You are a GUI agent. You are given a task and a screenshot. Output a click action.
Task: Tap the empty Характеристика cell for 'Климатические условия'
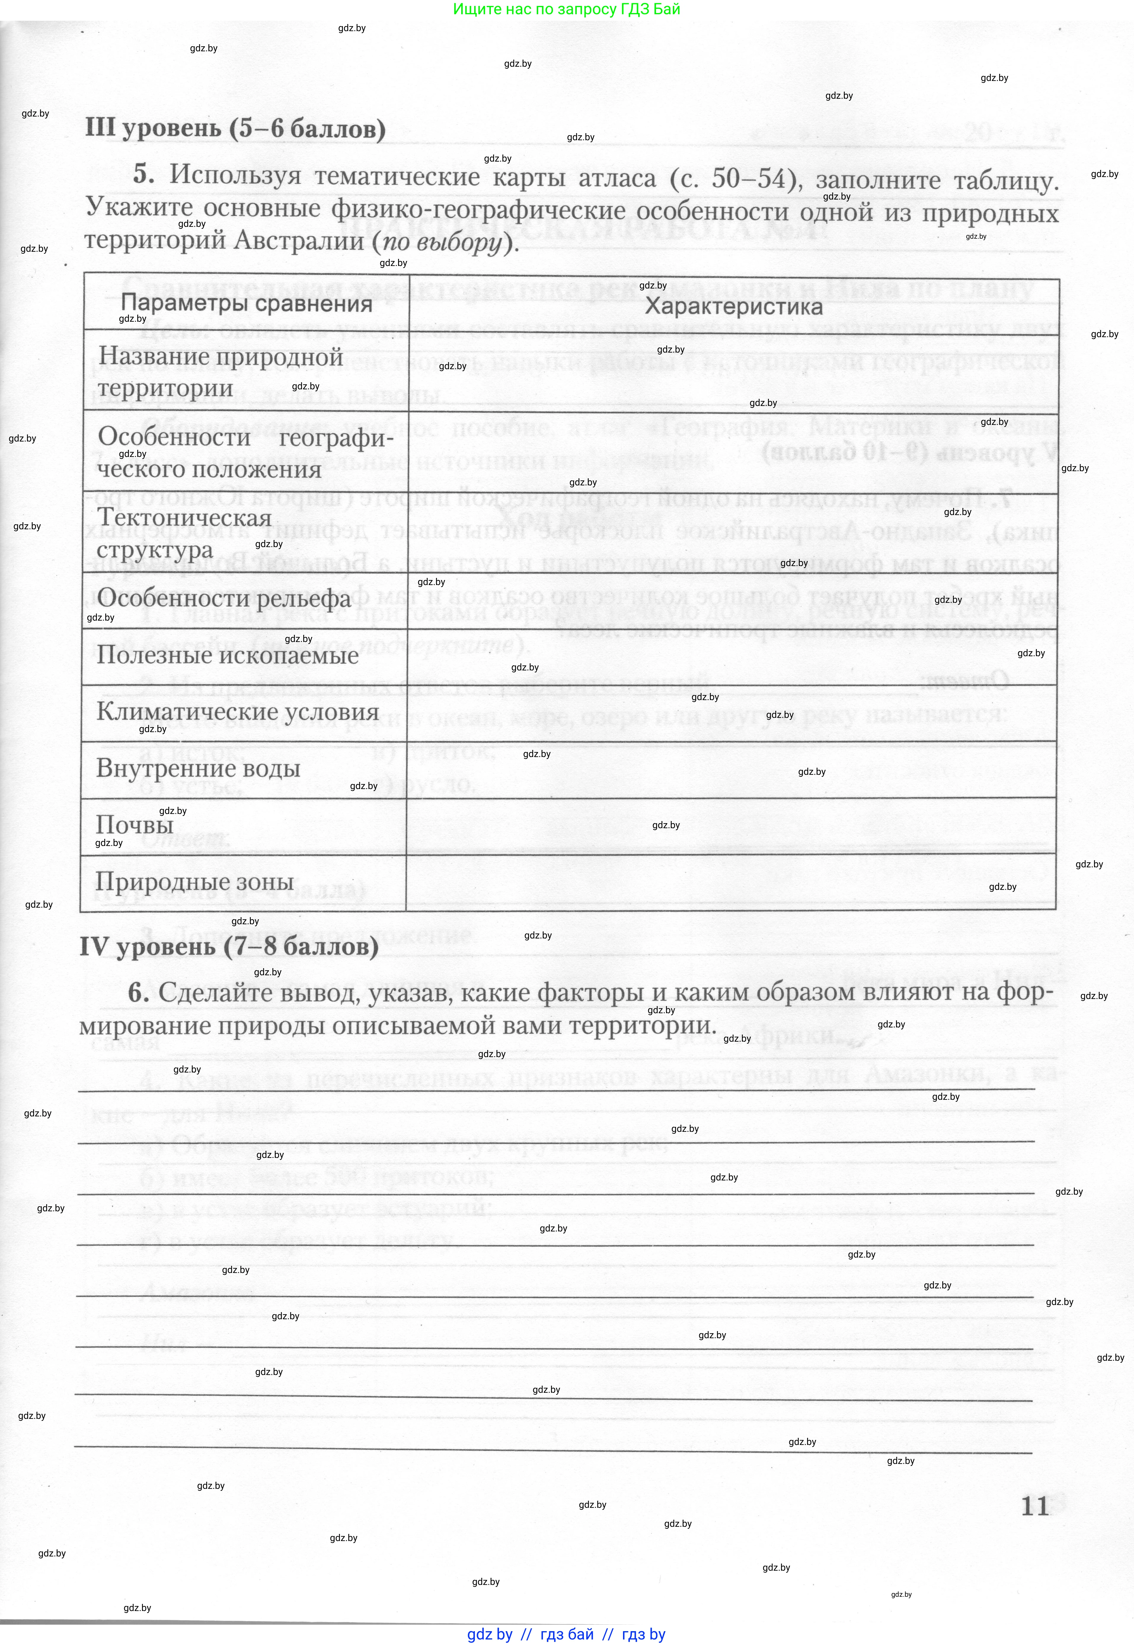coord(732,713)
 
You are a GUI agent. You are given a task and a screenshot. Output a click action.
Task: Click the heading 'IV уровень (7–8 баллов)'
coord(229,947)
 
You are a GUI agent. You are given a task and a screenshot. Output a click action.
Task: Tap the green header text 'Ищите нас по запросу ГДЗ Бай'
coord(566,9)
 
